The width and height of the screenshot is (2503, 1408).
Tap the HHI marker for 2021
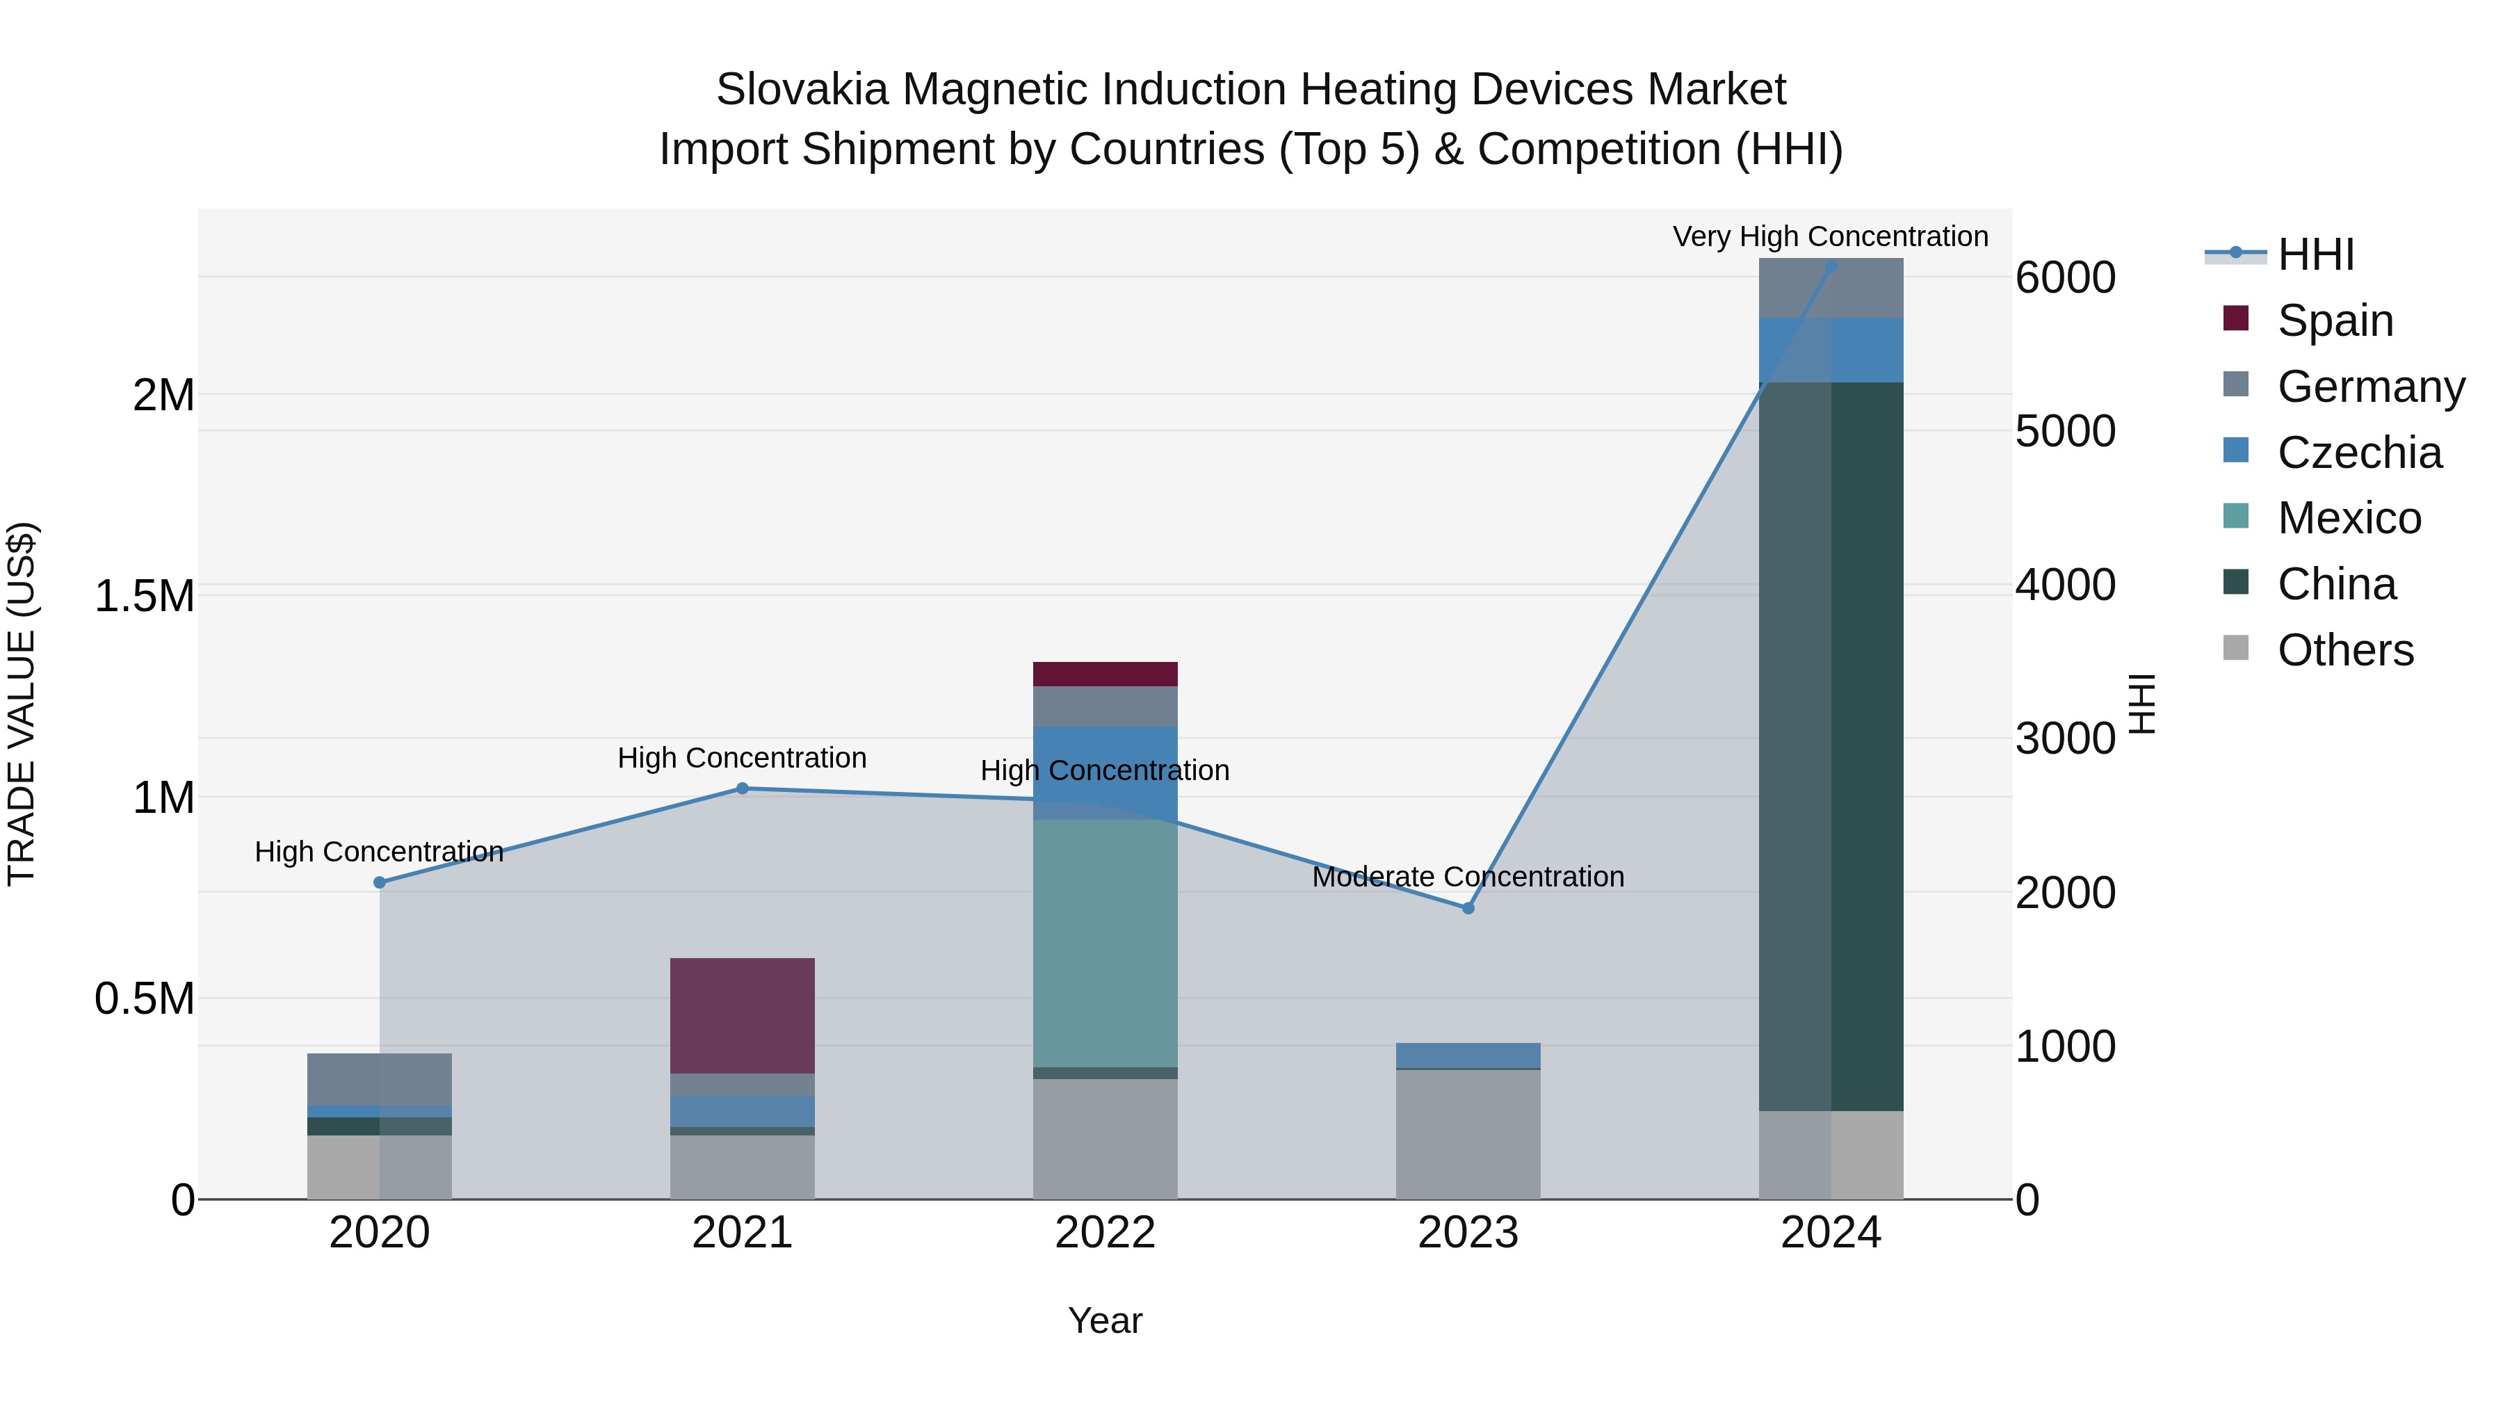pos(743,788)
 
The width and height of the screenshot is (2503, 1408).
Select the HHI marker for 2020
pos(380,882)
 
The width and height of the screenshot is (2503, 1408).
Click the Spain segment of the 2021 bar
pos(743,1015)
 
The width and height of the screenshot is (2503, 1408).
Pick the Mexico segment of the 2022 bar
pos(1105,943)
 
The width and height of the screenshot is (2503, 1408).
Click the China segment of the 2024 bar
pos(1831,746)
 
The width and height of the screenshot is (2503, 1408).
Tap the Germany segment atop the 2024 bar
pos(1831,288)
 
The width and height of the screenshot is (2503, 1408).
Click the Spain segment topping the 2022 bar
pos(1105,673)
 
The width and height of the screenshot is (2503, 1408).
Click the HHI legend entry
pos(2315,254)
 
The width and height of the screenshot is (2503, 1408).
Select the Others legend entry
pos(2344,650)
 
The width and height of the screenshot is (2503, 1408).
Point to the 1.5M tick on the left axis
pos(145,596)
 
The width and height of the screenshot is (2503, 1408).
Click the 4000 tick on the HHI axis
pos(2065,585)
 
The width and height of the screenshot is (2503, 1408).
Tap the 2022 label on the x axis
pos(1105,1233)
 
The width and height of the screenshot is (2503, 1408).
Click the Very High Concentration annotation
pos(1830,236)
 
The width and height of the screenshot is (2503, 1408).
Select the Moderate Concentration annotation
pos(1467,877)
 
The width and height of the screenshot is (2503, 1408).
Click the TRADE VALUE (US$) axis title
pos(22,704)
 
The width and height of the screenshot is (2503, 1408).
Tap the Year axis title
pos(1105,1320)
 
